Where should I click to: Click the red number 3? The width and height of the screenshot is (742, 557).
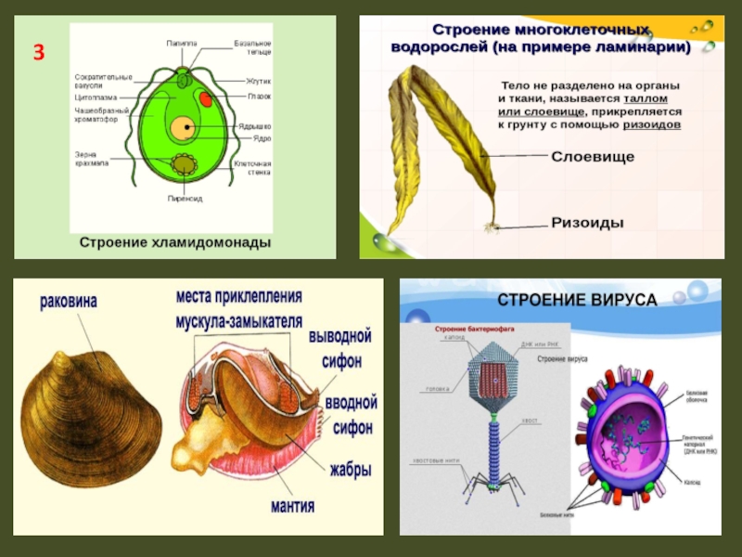point(40,52)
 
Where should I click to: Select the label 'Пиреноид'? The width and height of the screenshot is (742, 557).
point(185,198)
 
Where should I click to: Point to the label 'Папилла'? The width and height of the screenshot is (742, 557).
point(181,42)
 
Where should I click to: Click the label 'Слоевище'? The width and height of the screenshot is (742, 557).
point(593,157)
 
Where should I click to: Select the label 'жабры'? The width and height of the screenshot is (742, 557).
point(350,470)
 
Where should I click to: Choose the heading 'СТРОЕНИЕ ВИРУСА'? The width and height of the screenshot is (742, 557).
point(577,300)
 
